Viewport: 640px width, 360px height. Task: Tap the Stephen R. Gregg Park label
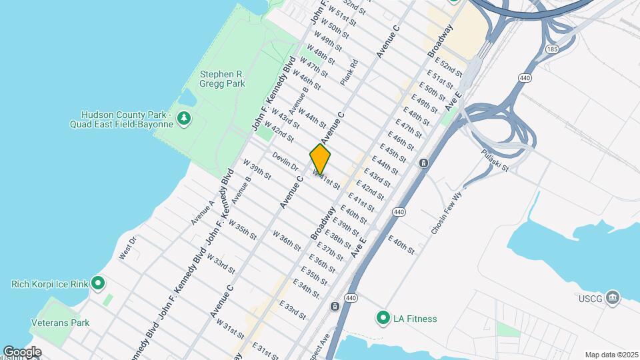(x=223, y=79)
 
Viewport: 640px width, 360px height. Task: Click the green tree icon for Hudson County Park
(x=184, y=119)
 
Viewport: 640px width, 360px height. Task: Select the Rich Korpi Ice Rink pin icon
(x=98, y=284)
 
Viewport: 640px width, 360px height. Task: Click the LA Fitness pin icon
(x=383, y=319)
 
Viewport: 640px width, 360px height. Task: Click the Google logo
(x=21, y=352)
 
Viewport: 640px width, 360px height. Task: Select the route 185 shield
(x=551, y=49)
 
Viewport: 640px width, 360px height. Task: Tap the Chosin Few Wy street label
(x=446, y=213)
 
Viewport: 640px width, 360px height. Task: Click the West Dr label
(x=127, y=248)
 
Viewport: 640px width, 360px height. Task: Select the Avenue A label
(x=203, y=213)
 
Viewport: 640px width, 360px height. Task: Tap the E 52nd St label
(x=448, y=68)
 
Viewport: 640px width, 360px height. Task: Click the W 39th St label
(x=257, y=169)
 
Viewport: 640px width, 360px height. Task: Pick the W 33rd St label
(x=221, y=263)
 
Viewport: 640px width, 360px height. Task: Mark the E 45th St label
(x=393, y=151)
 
